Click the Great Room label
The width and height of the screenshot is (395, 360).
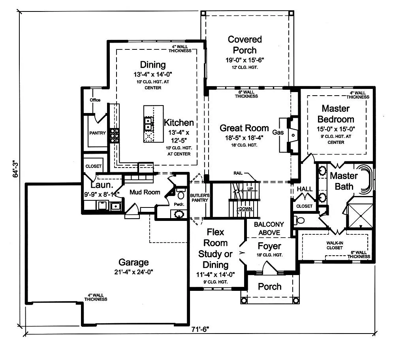click(x=244, y=128)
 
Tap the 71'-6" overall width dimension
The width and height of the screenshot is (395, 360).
click(x=200, y=329)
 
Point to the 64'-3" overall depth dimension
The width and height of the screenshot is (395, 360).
click(x=16, y=169)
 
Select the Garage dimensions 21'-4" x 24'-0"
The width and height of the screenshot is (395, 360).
click(x=134, y=272)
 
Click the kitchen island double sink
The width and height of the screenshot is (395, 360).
click(x=148, y=124)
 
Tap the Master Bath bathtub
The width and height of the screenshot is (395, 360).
click(x=364, y=179)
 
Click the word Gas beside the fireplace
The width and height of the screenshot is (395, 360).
click(x=278, y=132)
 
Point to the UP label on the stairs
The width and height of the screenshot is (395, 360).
click(x=250, y=188)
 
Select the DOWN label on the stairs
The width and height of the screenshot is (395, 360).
click(x=245, y=209)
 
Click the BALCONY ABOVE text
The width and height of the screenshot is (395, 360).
click(x=269, y=228)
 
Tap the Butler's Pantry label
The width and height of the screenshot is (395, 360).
click(x=199, y=198)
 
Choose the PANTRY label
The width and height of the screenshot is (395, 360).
click(x=98, y=133)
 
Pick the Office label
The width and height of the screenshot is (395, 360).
click(x=95, y=100)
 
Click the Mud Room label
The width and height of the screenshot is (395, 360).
click(x=145, y=192)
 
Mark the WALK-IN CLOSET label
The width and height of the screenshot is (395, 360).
click(x=335, y=245)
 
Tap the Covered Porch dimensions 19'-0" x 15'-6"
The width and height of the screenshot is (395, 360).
click(x=245, y=60)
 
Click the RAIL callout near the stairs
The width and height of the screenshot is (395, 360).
click(x=238, y=173)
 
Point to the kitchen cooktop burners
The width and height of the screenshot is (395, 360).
click(x=115, y=136)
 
